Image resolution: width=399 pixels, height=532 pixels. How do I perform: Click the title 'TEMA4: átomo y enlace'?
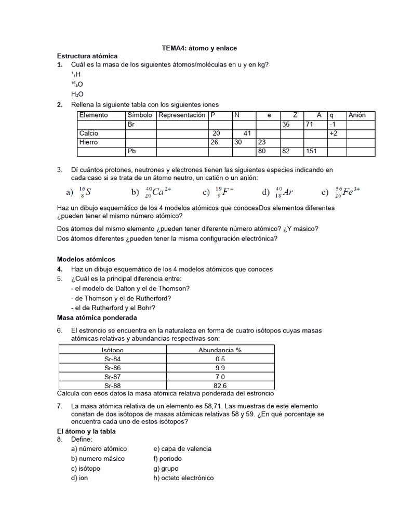tap(199, 48)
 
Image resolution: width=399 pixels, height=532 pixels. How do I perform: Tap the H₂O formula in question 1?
tap(77, 94)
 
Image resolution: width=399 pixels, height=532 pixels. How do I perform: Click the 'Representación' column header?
tap(182, 115)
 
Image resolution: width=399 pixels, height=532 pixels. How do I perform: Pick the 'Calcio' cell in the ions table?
tap(89, 134)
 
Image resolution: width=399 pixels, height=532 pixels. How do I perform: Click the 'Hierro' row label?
tap(88, 142)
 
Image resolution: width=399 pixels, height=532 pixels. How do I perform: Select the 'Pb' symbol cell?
tap(132, 151)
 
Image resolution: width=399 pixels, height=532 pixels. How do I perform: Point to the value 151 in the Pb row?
tap(312, 151)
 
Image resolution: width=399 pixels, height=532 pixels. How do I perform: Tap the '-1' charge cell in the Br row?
tap(333, 125)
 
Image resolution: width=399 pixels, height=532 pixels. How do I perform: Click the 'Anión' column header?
tap(357, 115)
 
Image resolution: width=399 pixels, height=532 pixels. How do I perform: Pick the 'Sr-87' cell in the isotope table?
tap(112, 377)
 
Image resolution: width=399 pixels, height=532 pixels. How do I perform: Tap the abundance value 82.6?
tap(220, 385)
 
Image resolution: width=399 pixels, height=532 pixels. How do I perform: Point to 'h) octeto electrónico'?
tap(183, 478)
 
